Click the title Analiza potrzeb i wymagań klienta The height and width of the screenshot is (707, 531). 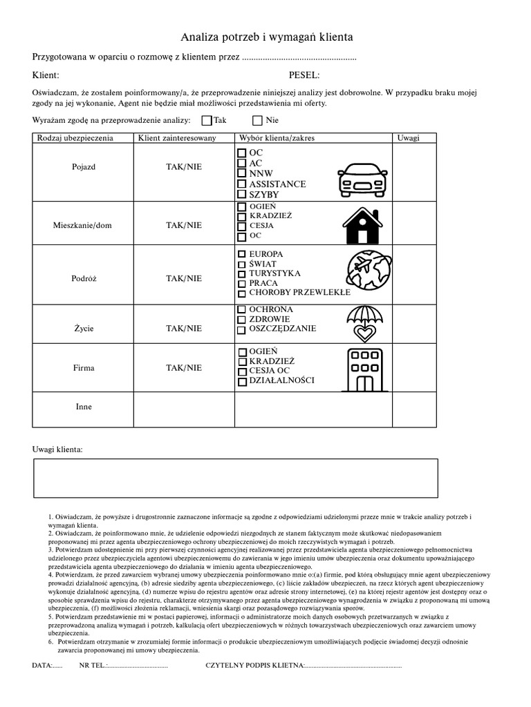[266, 37]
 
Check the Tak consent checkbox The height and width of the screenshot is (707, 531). [207, 120]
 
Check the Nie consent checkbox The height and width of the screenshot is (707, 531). [258, 120]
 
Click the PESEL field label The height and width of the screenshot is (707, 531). [304, 75]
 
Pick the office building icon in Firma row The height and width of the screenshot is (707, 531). [364, 369]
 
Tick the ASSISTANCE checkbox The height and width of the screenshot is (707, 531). [241, 184]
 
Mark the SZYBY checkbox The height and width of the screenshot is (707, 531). [241, 195]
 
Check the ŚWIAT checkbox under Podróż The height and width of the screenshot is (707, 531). [241, 264]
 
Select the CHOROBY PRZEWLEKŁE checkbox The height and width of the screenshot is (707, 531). [241, 293]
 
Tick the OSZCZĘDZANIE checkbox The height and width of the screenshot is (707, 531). [241, 329]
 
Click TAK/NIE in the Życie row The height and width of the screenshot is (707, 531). [184, 329]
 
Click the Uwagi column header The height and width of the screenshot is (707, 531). [408, 138]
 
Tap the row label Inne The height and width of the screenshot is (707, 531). [84, 407]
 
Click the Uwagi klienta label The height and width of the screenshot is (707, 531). [57, 449]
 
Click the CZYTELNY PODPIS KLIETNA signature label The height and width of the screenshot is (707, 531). [254, 666]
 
